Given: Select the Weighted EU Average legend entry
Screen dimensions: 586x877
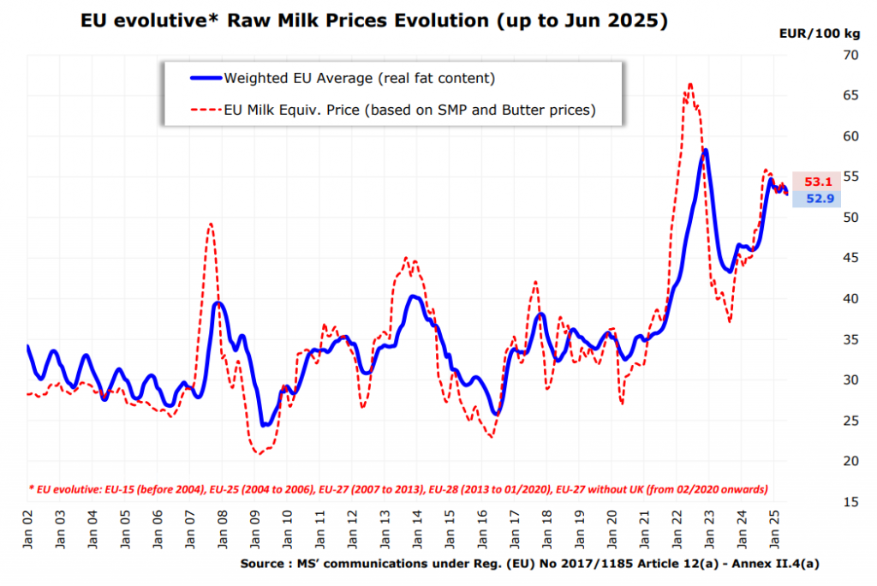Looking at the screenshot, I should [x=359, y=78].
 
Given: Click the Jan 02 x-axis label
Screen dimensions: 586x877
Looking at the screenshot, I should [x=27, y=529].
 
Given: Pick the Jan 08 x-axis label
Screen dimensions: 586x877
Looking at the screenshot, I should [x=222, y=529].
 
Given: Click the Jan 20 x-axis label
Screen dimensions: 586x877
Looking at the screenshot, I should [x=612, y=529].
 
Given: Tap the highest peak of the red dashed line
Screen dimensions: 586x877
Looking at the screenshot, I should [x=690, y=84].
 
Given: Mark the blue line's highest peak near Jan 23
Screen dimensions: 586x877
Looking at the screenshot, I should [x=705, y=150].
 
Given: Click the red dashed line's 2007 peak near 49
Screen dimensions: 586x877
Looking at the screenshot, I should [x=211, y=224].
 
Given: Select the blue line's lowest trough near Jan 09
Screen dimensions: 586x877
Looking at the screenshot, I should [x=264, y=425].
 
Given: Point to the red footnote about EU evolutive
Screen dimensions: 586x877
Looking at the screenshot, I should [x=397, y=489].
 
